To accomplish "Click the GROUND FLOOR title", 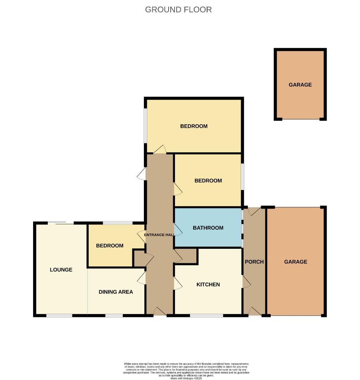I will [x=178, y=9].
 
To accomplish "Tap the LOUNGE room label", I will [x=61, y=270].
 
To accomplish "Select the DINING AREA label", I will [x=116, y=292].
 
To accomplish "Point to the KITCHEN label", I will [x=208, y=284].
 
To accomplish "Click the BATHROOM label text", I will [x=208, y=228].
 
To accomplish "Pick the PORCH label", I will [x=254, y=262].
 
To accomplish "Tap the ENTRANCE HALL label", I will [x=159, y=235].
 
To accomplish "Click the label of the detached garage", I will [x=300, y=85].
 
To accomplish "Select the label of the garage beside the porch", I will [x=296, y=262].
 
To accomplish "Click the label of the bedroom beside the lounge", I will [x=110, y=246].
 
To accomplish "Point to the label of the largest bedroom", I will [x=194, y=126].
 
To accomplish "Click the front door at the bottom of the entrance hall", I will [x=160, y=311].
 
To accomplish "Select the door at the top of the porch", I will [x=254, y=211].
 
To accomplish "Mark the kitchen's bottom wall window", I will [x=206, y=315].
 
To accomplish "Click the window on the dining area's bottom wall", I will [x=114, y=316].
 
